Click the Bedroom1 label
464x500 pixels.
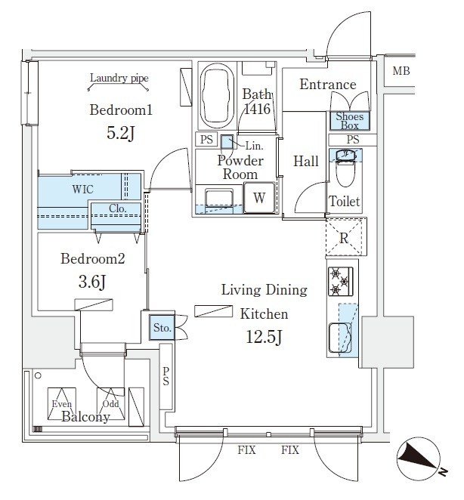click(x=121, y=110)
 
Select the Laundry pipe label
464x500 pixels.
click(x=119, y=78)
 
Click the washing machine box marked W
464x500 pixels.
click(x=259, y=199)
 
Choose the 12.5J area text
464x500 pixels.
click(x=262, y=337)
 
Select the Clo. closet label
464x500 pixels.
click(x=116, y=209)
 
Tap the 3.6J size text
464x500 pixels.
click(x=92, y=284)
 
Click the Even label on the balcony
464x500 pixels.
click(x=62, y=404)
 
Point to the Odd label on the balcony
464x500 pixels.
click(x=110, y=404)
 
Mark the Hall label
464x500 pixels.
click(x=306, y=161)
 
